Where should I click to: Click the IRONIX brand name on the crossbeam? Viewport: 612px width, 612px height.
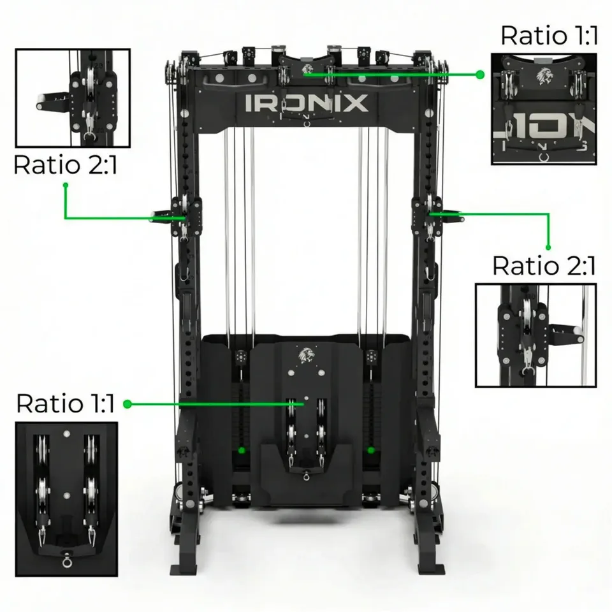click(307, 103)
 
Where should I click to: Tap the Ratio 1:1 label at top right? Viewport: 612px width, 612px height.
click(549, 36)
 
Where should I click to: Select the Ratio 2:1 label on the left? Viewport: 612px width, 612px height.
click(66, 164)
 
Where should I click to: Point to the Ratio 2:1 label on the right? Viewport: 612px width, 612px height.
click(544, 266)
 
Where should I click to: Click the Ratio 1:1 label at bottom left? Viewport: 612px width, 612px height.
click(65, 403)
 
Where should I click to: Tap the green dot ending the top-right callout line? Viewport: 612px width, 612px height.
click(480, 74)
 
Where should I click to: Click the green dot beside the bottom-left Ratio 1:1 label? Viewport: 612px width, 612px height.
click(127, 404)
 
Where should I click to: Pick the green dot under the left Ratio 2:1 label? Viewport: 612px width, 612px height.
click(66, 185)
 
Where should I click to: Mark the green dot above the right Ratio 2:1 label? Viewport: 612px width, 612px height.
click(548, 247)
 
